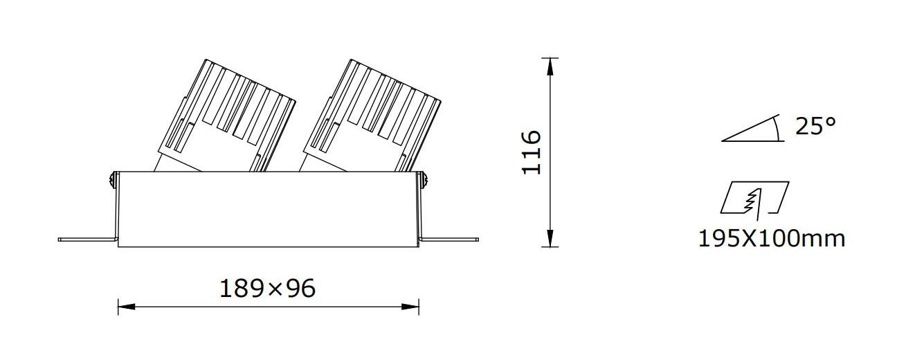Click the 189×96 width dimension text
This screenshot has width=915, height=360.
(x=268, y=289)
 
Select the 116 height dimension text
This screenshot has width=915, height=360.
(x=532, y=152)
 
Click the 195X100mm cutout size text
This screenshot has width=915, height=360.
(x=772, y=238)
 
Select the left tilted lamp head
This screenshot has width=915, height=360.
(x=225, y=116)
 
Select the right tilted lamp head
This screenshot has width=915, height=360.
(x=370, y=116)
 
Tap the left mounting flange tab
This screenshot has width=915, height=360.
(x=88, y=240)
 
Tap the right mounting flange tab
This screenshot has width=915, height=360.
(x=449, y=240)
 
